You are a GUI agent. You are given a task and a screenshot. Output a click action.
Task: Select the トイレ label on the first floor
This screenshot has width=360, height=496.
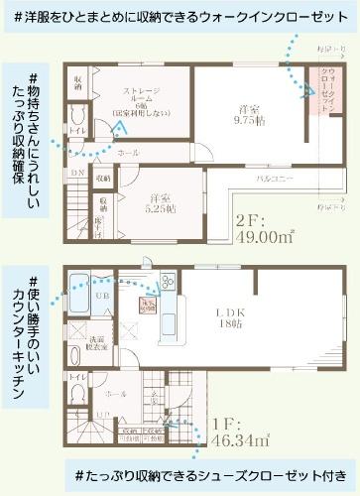[79, 378]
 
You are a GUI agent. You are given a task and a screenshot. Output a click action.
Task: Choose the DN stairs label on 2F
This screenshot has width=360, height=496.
[78, 171]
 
